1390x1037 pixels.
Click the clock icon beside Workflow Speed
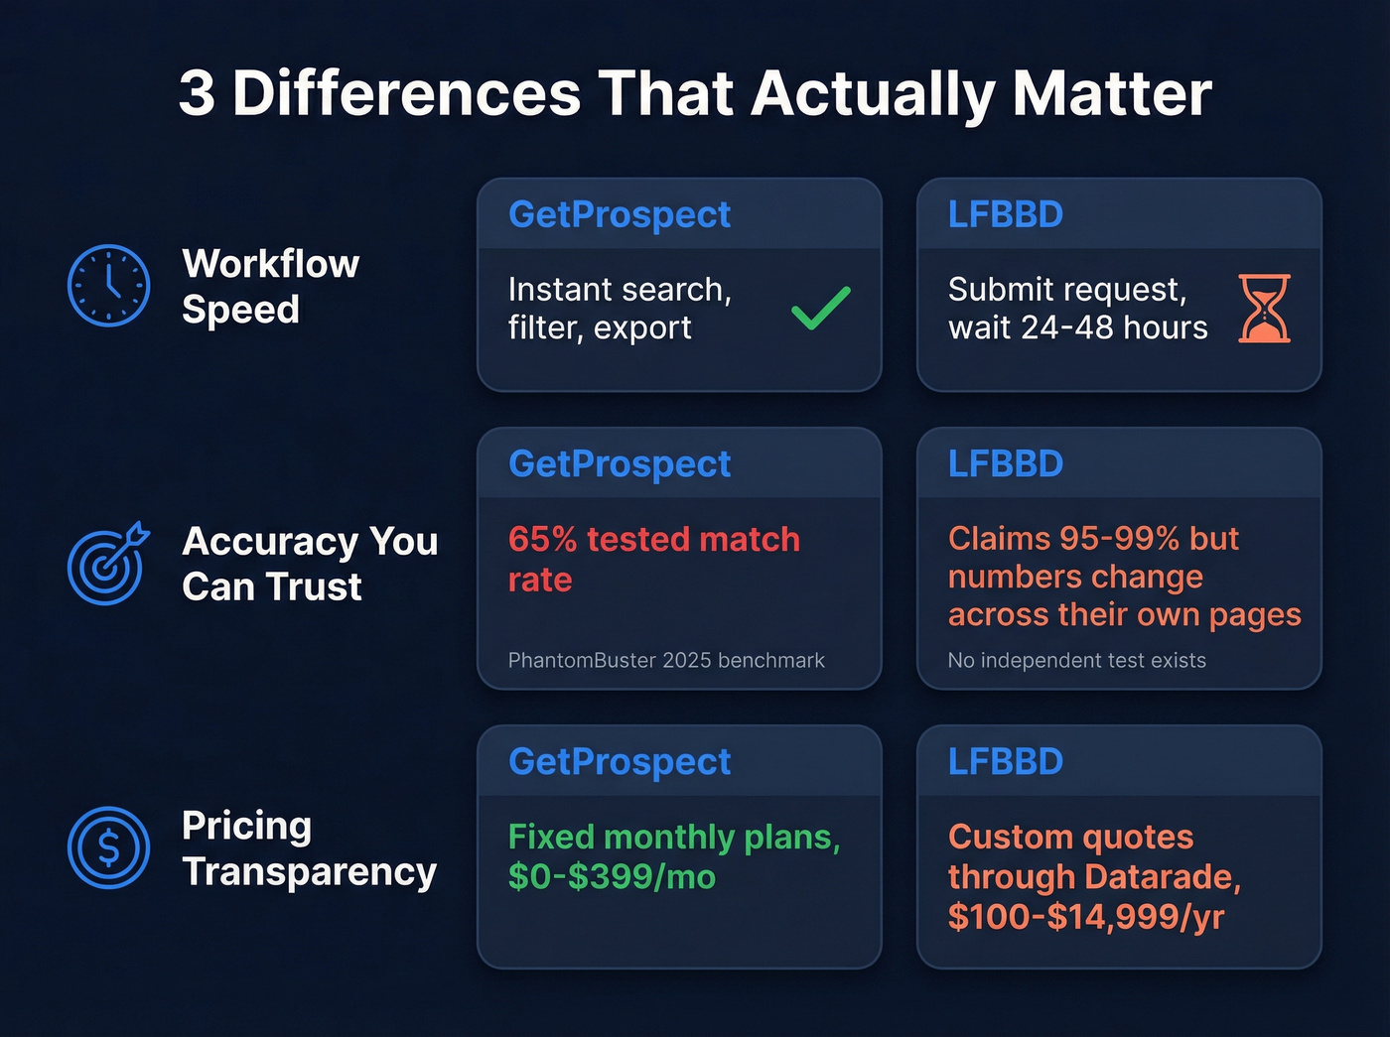[x=108, y=286]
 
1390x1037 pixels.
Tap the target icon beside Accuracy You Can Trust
[x=107, y=564]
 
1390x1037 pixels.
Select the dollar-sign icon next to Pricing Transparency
[x=108, y=847]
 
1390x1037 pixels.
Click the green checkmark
[x=820, y=308]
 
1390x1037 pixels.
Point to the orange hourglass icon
[x=1264, y=309]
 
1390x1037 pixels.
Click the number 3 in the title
[x=197, y=94]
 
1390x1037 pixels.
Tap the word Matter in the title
[x=1112, y=94]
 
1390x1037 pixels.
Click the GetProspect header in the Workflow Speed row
[x=620, y=214]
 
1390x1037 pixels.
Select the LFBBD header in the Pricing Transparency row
[x=1005, y=761]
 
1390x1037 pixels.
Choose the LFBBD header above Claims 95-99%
[x=1005, y=463]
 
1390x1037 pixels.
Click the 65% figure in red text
[x=542, y=539]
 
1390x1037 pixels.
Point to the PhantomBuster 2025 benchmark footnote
[x=666, y=660]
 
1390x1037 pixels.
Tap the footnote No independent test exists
[x=1076, y=660]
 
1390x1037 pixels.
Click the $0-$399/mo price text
[x=612, y=876]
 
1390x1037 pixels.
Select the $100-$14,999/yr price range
[x=1085, y=916]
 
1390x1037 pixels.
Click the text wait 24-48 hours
[x=1077, y=327]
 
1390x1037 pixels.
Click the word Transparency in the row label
[x=309, y=871]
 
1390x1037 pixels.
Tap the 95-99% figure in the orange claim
[x=1119, y=538]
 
